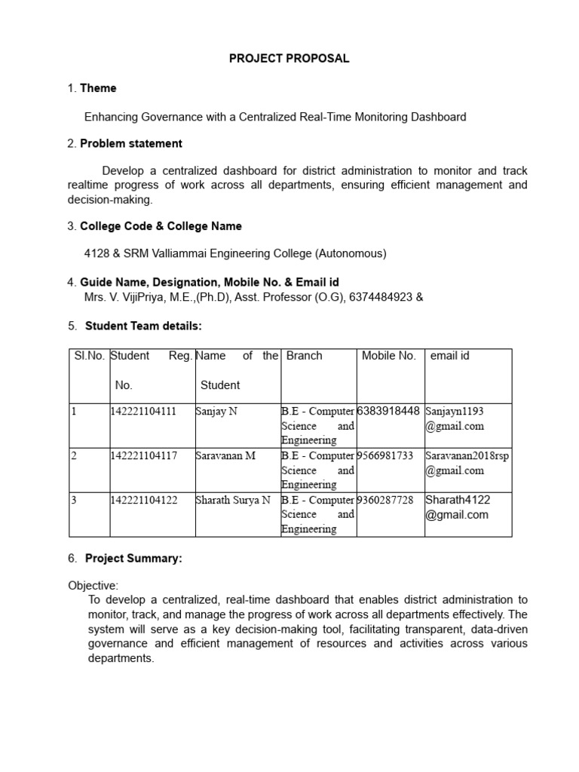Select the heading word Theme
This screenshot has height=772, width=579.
click(x=98, y=88)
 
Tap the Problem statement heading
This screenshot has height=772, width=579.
click(x=131, y=143)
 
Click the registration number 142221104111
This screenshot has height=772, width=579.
click(x=143, y=412)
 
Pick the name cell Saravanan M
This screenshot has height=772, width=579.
click(x=225, y=456)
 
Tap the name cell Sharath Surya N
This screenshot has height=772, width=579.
click(x=232, y=501)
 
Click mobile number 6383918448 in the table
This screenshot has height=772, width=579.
click(x=388, y=412)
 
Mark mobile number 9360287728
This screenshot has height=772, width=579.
click(x=385, y=501)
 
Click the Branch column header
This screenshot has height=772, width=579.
click(x=305, y=356)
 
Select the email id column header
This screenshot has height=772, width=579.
click(x=450, y=356)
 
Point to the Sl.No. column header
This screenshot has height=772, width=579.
click(x=88, y=356)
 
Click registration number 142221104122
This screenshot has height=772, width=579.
click(x=143, y=501)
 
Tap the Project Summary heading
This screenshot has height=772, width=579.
click(x=133, y=559)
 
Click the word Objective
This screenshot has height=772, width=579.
click(x=93, y=586)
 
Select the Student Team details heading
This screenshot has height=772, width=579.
click(x=143, y=326)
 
